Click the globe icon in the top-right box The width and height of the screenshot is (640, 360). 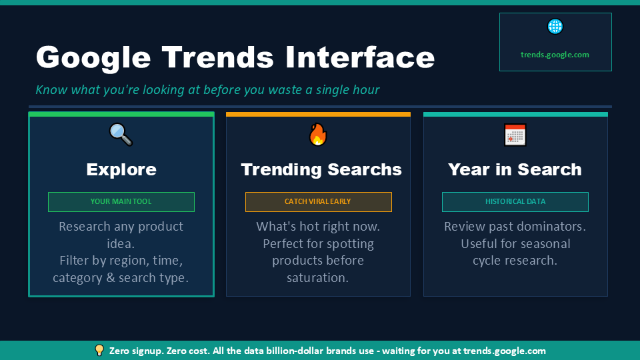555,27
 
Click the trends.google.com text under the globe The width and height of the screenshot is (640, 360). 555,55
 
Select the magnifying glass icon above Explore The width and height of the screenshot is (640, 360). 121,135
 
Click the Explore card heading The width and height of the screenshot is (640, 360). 121,169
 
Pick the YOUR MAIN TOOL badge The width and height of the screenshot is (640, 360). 121,201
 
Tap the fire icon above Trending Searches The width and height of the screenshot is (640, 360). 318,135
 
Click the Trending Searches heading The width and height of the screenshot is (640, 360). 321,169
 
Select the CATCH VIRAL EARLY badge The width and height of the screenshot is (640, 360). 318,201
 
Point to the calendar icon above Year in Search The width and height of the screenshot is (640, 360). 515,135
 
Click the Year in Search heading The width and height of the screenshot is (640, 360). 515,169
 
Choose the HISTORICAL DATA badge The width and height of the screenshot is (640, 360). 515,201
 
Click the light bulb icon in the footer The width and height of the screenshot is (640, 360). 99,350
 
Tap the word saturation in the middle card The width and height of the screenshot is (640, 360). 318,278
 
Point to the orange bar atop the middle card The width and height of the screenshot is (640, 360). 318,115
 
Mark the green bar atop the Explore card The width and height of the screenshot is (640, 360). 121,115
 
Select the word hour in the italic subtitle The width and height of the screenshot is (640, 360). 366,89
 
